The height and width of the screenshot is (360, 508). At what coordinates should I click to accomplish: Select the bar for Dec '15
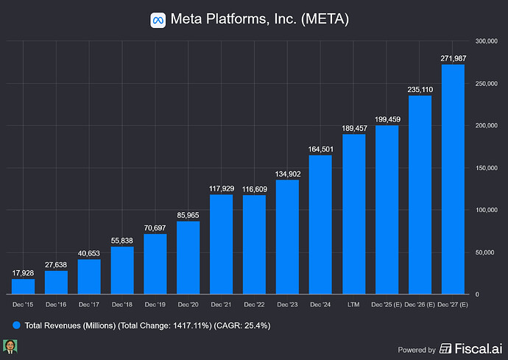tap(24, 286)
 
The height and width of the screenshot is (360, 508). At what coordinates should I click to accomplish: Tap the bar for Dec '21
tap(222, 244)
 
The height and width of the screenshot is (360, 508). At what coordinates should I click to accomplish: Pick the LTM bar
tap(353, 213)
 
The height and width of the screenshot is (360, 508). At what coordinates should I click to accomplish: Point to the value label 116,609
tap(254, 189)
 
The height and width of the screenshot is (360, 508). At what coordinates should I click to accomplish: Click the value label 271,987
tap(453, 58)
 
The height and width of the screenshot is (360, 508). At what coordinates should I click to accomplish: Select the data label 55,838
tap(122, 241)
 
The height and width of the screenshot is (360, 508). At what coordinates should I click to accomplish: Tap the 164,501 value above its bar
tap(320, 149)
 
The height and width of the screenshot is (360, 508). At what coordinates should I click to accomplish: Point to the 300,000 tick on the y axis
tap(488, 40)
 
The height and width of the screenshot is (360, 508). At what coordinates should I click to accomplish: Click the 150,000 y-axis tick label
tap(488, 167)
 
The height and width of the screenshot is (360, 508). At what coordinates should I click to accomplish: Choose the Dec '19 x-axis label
tap(155, 303)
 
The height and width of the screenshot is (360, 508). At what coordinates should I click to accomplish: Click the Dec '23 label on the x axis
tap(288, 303)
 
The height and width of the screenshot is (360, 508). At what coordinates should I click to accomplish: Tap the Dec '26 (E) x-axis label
tap(420, 303)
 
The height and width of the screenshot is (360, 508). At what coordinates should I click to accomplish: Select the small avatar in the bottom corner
tap(11, 347)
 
